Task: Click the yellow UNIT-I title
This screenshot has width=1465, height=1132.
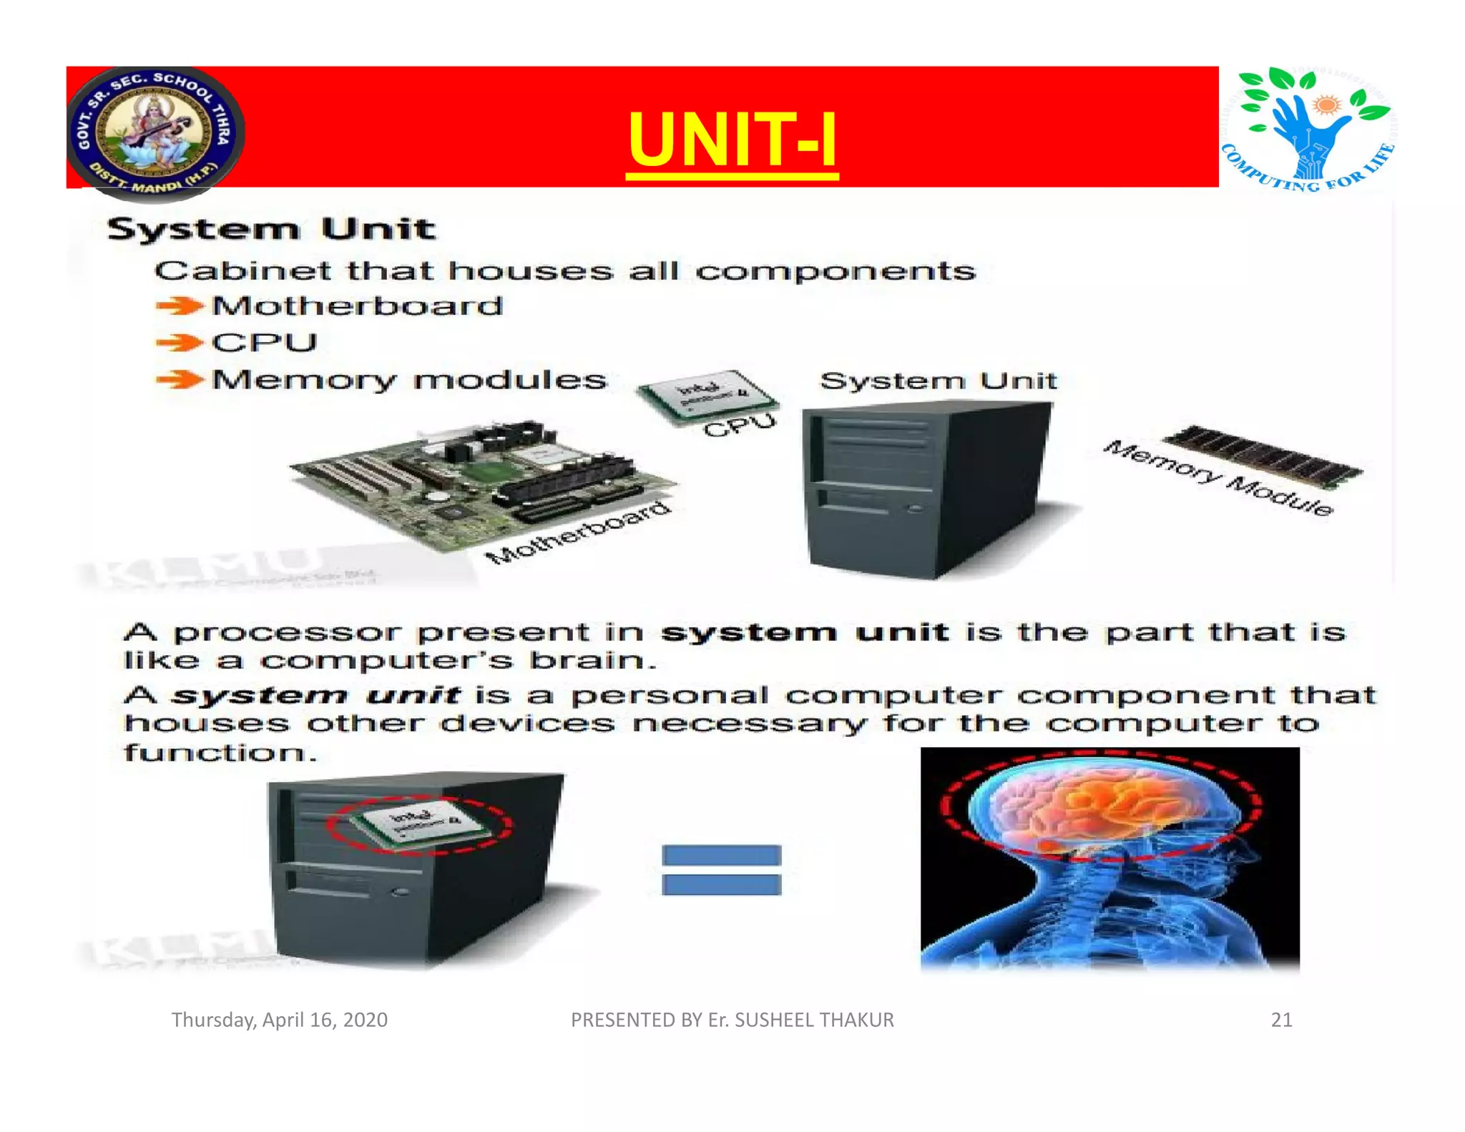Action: pyautogui.click(x=732, y=140)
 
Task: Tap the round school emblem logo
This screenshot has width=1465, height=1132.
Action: pyautogui.click(x=155, y=132)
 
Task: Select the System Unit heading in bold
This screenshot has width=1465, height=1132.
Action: pyautogui.click(x=271, y=230)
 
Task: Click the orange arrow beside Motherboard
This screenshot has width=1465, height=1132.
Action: pyautogui.click(x=179, y=306)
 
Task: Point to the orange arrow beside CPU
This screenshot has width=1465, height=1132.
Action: pyautogui.click(x=179, y=343)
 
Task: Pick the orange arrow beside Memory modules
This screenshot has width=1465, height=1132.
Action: pyautogui.click(x=179, y=379)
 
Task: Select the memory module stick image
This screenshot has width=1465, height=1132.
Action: pyautogui.click(x=1263, y=455)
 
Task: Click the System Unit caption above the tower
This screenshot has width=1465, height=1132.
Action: pyautogui.click(x=938, y=381)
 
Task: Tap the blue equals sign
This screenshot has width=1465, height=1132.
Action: pyautogui.click(x=721, y=869)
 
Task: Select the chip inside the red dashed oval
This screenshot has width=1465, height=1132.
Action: pyautogui.click(x=422, y=823)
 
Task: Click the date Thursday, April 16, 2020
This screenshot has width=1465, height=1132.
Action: pyautogui.click(x=280, y=1020)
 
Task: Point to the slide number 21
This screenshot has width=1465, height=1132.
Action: pyautogui.click(x=1281, y=1020)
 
